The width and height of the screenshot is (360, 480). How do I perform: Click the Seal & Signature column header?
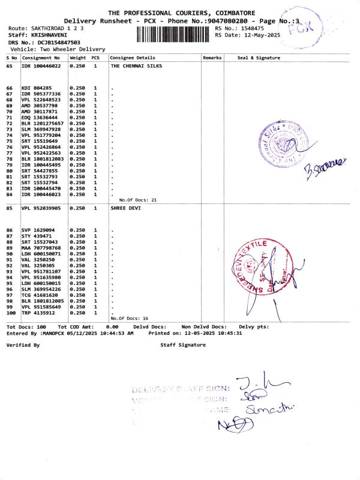point(259,58)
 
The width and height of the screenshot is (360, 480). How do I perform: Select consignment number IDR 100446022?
point(41,65)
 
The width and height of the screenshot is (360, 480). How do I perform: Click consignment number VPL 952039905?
point(41,208)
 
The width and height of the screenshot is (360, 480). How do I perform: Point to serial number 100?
point(10,313)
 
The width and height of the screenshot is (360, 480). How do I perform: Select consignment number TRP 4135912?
point(38,313)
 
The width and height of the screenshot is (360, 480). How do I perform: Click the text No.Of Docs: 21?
point(137,199)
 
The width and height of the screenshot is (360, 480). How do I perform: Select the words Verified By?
point(22,345)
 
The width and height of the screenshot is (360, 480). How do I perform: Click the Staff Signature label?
point(183,345)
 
